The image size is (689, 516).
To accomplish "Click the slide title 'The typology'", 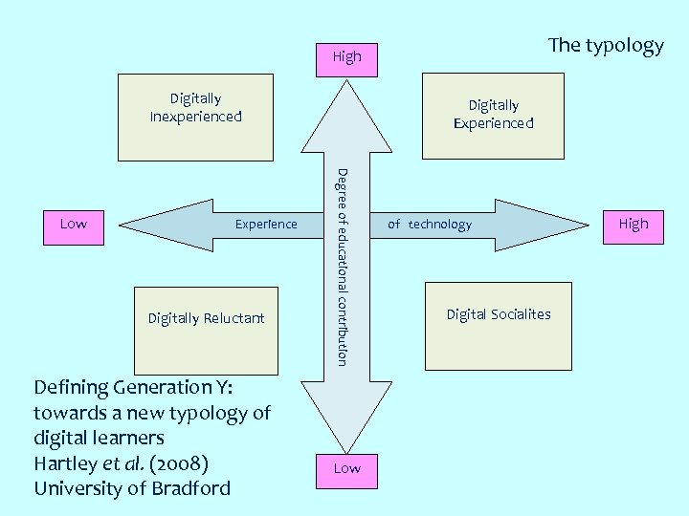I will pyautogui.click(x=605, y=46).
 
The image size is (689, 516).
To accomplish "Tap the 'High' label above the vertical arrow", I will pyautogui.click(x=346, y=56).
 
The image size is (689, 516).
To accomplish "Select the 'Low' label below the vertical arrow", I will pyautogui.click(x=346, y=468).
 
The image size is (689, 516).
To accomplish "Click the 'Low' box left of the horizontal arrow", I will pyautogui.click(x=74, y=224).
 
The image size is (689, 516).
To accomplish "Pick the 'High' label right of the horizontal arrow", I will pyautogui.click(x=633, y=224).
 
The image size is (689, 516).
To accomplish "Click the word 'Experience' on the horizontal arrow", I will pyautogui.click(x=266, y=225).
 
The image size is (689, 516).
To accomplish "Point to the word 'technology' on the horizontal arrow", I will pyautogui.click(x=439, y=225).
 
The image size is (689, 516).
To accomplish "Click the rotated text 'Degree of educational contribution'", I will pyautogui.click(x=343, y=266).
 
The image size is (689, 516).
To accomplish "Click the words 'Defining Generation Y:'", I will pyautogui.click(x=134, y=387).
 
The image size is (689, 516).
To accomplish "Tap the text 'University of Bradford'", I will pyautogui.click(x=132, y=488).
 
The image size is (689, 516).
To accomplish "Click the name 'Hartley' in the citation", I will pyautogui.click(x=64, y=462).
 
